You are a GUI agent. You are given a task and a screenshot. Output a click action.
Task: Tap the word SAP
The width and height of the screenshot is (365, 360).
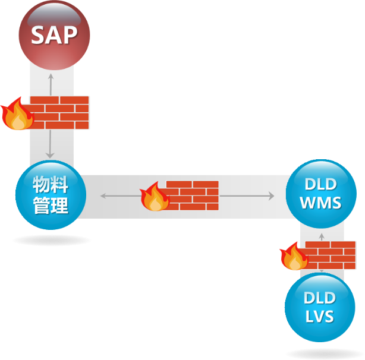(x=54, y=35)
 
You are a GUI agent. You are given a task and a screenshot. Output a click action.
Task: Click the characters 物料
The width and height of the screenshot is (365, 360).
(x=51, y=185)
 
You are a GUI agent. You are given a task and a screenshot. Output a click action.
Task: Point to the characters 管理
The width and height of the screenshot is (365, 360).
(x=51, y=206)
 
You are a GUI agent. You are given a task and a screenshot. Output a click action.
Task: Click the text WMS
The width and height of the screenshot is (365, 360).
(x=320, y=203)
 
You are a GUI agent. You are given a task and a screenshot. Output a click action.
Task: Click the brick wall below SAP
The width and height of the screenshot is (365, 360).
(x=59, y=112)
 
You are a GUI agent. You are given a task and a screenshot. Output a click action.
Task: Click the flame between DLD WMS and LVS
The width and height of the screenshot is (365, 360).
(x=294, y=256)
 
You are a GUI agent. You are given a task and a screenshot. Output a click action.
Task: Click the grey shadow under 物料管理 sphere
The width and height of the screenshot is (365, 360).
(x=52, y=240)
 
